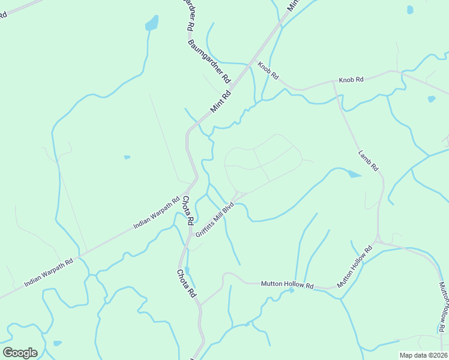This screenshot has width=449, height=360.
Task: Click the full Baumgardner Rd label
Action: coord(209,61)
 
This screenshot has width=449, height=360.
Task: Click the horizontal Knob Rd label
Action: coord(351,80)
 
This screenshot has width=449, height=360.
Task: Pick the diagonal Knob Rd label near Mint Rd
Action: coord(268,71)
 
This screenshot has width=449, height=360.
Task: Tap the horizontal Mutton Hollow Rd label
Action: coord(287,284)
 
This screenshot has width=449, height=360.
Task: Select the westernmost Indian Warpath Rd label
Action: coord(48,272)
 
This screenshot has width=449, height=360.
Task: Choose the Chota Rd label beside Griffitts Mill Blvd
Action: coord(187,211)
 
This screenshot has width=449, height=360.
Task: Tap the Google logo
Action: coord(20,353)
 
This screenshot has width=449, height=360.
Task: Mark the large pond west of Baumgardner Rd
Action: coord(152,24)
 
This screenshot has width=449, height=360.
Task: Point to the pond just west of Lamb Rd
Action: coord(354,174)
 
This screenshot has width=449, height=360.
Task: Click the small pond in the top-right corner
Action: coord(410,10)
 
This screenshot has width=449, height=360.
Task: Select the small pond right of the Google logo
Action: coord(57,343)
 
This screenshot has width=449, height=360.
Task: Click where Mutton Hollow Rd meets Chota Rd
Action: coord(200,304)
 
